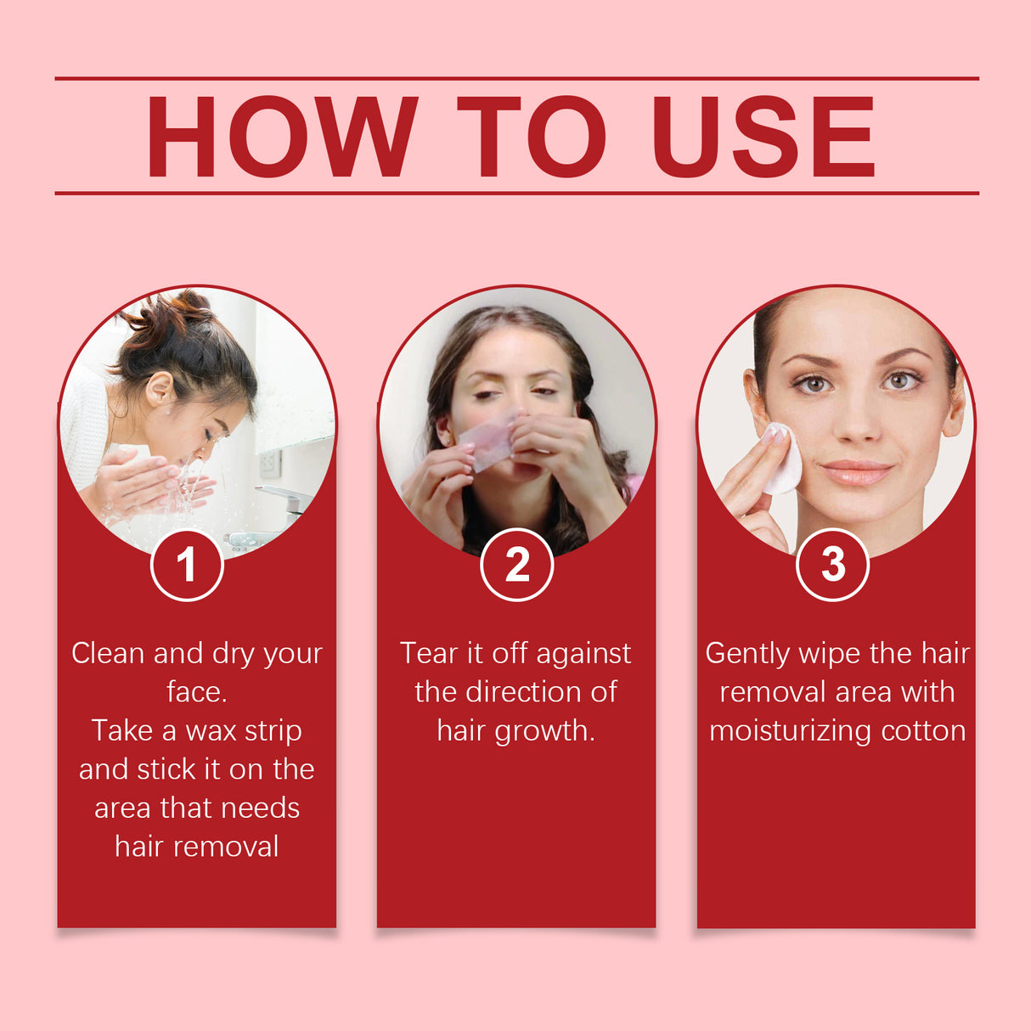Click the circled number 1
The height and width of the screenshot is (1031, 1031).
(187, 565)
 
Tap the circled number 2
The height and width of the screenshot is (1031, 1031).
(516, 565)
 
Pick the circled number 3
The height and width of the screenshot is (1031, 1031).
(833, 565)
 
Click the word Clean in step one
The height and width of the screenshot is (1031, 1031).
(108, 653)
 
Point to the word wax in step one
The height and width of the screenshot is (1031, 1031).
(211, 731)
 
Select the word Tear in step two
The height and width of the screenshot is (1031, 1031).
(429, 653)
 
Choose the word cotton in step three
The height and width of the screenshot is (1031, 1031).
(923, 731)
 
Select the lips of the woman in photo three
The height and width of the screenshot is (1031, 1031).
(856, 472)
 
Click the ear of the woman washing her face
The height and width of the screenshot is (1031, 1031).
(159, 390)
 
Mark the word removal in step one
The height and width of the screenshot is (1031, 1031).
(225, 847)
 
